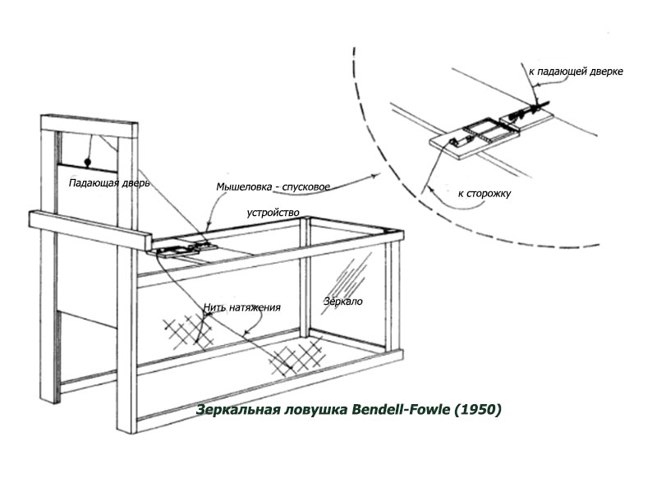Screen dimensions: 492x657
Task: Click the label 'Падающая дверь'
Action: pos(109,183)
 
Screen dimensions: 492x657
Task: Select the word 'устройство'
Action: pos(273,213)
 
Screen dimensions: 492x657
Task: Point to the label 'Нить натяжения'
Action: pos(242,308)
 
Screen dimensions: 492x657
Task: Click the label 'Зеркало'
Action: pos(342,301)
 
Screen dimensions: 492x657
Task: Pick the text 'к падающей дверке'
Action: pos(576,72)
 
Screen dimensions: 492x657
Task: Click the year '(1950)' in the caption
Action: pos(476,408)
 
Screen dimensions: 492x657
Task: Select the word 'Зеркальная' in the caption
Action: pos(236,408)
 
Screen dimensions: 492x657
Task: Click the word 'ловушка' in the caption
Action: pos(309,408)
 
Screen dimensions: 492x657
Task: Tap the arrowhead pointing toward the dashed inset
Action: pos(373,176)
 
